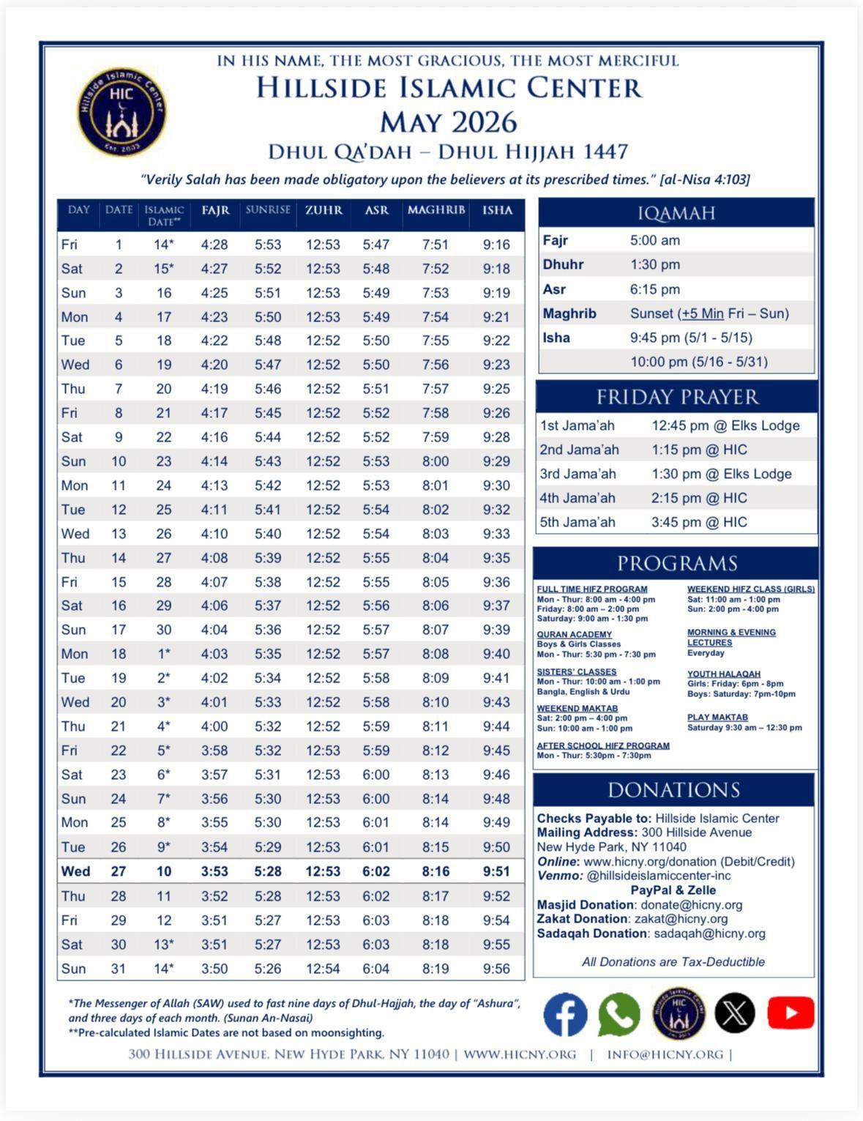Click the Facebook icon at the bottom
click(x=565, y=1013)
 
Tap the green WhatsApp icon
click(x=619, y=1013)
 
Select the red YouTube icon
click(x=791, y=1013)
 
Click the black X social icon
click(x=734, y=1013)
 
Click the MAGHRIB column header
click(x=436, y=210)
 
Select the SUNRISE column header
click(x=268, y=210)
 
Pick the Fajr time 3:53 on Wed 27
click(x=214, y=871)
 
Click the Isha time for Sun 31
click(x=496, y=969)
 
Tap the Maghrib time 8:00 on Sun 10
click(x=436, y=461)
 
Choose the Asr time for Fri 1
click(x=376, y=245)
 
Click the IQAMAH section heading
click(x=676, y=213)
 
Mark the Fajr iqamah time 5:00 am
click(x=655, y=240)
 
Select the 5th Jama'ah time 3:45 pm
click(x=699, y=522)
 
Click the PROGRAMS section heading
click(x=676, y=563)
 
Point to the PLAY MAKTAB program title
click(x=717, y=718)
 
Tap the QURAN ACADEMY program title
click(x=575, y=635)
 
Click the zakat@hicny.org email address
click(x=691, y=919)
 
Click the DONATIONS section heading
click(x=673, y=790)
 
